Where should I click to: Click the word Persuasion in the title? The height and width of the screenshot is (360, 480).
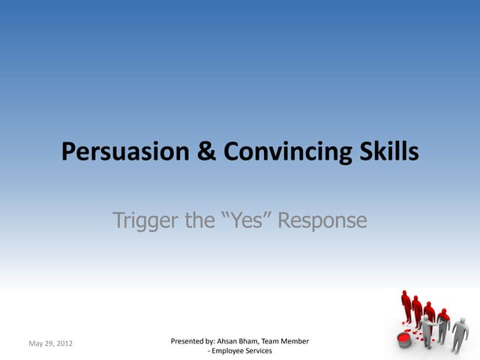[x=125, y=151]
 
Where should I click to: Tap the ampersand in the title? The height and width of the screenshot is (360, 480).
[x=206, y=151]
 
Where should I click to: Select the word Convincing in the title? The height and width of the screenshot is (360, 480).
[x=288, y=151]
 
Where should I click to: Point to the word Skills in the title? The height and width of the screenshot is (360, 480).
[x=389, y=151]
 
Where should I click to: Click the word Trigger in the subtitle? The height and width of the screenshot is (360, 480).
[x=145, y=220]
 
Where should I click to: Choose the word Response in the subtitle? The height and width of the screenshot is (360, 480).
[x=322, y=221]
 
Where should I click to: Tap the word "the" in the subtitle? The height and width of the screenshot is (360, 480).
[x=199, y=220]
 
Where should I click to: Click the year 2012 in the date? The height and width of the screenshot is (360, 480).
[x=64, y=343]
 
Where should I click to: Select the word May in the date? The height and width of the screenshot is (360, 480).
[x=35, y=343]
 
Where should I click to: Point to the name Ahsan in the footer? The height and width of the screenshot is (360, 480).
[x=226, y=341]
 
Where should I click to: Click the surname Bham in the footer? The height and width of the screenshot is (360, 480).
[x=249, y=341]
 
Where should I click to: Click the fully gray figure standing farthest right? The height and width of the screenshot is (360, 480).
[x=460, y=335]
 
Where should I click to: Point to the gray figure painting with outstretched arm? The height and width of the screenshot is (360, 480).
[x=427, y=331]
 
